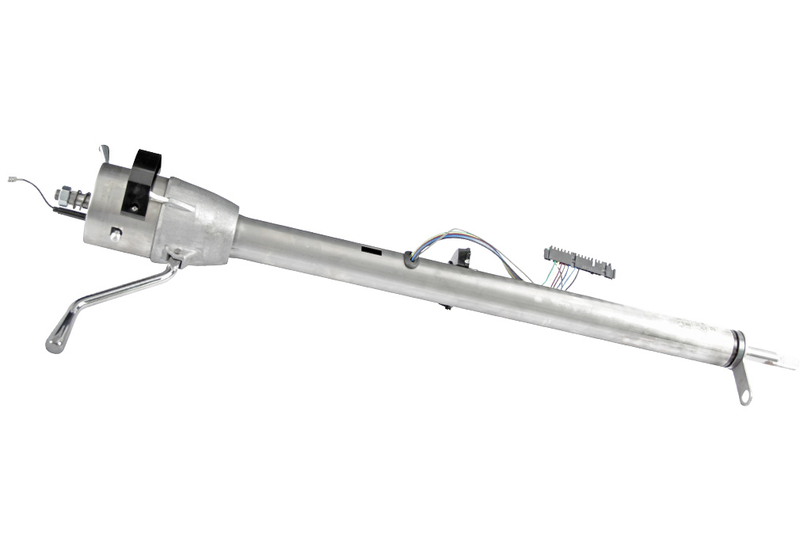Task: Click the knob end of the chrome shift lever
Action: [54, 341]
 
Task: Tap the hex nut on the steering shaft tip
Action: [61, 193]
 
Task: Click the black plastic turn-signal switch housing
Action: [143, 181]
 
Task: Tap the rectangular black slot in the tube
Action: [370, 250]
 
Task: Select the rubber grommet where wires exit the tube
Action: [409, 257]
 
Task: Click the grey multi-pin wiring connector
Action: [579, 261]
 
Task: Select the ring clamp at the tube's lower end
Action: [738, 349]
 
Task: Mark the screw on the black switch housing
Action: [135, 208]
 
